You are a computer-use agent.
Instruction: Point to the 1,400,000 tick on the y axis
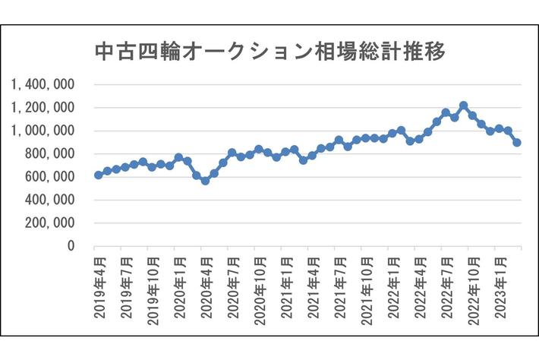pyautogui.click(x=43, y=85)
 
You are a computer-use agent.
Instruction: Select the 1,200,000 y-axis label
pyautogui.click(x=43, y=108)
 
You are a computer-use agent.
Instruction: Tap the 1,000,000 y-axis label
pyautogui.click(x=43, y=131)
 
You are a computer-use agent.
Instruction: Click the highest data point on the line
pyautogui.click(x=464, y=106)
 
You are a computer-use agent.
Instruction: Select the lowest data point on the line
pyautogui.click(x=205, y=181)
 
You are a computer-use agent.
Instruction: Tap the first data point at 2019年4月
pyautogui.click(x=98, y=175)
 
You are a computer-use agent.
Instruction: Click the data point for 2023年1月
pyautogui.click(x=499, y=129)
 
